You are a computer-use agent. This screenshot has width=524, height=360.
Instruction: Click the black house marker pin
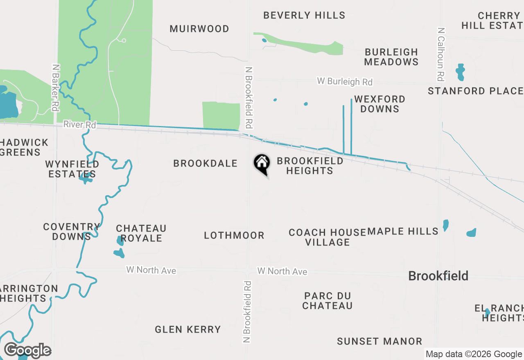pyautogui.click(x=262, y=164)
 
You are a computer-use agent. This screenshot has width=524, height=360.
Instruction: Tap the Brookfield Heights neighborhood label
pyautogui.click(x=310, y=166)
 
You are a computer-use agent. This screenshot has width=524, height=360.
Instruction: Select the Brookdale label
pyautogui.click(x=205, y=163)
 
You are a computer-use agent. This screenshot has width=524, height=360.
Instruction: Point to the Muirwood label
pyautogui.click(x=199, y=29)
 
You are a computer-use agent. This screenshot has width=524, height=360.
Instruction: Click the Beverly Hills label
pyautogui.click(x=304, y=15)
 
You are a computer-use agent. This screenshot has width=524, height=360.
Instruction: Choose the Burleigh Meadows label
pyautogui.click(x=391, y=57)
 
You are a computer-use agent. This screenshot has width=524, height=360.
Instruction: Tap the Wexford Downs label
pyautogui.click(x=379, y=104)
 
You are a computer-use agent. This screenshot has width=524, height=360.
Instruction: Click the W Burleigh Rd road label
pyautogui.click(x=345, y=81)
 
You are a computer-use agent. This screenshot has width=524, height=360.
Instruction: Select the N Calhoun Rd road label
pyautogui.click(x=440, y=54)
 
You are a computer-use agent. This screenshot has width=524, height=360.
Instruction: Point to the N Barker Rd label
pyautogui.click(x=55, y=87)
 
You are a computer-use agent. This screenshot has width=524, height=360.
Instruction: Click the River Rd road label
pyautogui.click(x=79, y=125)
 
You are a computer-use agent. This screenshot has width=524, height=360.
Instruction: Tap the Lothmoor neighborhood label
pyautogui.click(x=234, y=235)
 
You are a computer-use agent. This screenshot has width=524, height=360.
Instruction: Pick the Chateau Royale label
pyautogui.click(x=141, y=233)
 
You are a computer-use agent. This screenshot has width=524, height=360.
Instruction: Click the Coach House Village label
pyautogui.click(x=327, y=237)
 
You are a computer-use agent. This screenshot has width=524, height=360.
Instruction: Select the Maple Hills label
pyautogui.click(x=403, y=231)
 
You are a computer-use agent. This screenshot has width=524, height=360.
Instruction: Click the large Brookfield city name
pyautogui.click(x=438, y=276)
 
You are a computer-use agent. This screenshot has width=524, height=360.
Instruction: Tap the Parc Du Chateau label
pyautogui.click(x=327, y=300)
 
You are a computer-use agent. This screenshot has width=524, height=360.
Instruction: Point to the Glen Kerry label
pyautogui.click(x=187, y=329)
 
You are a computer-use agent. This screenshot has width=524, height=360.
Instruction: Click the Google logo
pyautogui.click(x=27, y=350)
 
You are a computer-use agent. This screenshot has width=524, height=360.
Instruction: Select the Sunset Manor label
pyautogui.click(x=379, y=341)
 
